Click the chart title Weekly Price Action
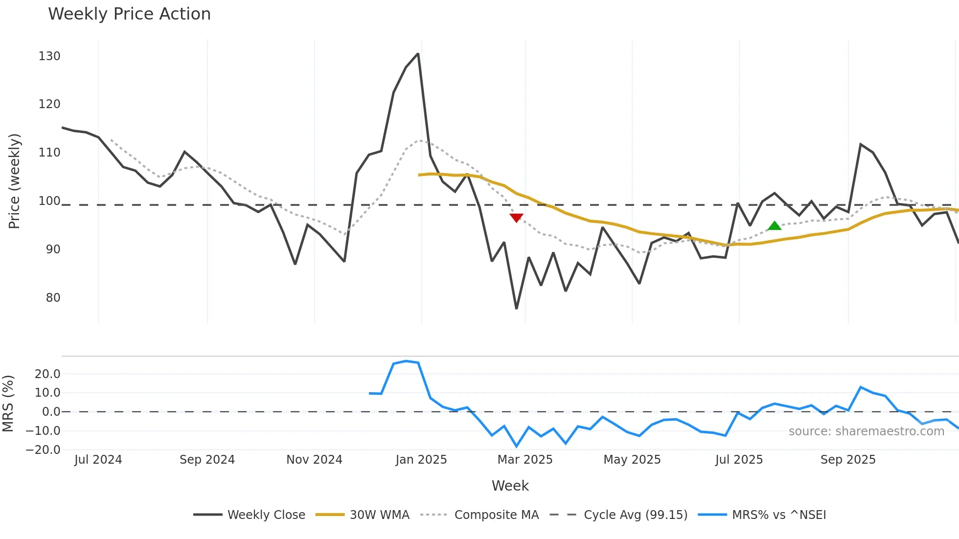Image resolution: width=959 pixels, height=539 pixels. [x=129, y=14]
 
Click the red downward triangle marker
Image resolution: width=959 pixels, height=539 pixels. [x=516, y=218]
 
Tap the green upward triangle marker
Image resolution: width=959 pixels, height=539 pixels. [x=774, y=225]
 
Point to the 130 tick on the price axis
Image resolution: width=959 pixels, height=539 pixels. [x=49, y=56]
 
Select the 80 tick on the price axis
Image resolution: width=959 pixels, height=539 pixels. [x=53, y=297]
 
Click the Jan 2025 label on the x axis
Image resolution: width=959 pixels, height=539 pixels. [x=421, y=460]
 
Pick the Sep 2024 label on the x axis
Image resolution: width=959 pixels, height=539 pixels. [x=207, y=460]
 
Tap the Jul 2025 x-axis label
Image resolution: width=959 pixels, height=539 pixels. [x=739, y=460]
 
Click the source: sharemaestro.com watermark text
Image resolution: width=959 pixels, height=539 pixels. [x=866, y=431]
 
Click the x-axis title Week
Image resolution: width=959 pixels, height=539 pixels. [x=510, y=486]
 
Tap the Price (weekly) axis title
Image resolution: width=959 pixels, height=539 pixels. [x=14, y=181]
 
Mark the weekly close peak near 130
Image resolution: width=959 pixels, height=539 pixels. [x=418, y=54]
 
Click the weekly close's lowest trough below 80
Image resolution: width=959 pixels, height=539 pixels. [x=516, y=308]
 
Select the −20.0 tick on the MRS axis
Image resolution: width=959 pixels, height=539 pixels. [x=43, y=450]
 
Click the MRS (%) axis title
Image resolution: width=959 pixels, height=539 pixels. [x=8, y=404]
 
